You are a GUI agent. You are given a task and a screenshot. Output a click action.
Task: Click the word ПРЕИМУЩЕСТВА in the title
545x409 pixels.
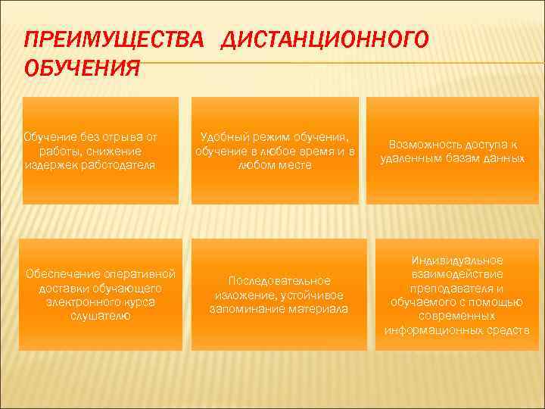pyautogui.click(x=114, y=40)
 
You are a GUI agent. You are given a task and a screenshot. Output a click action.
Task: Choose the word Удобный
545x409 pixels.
pyautogui.click(x=224, y=137)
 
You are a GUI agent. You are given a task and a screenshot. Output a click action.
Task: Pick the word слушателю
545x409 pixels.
pyautogui.click(x=101, y=315)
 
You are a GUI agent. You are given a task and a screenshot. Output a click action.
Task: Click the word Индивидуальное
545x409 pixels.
pyautogui.click(x=457, y=261)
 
